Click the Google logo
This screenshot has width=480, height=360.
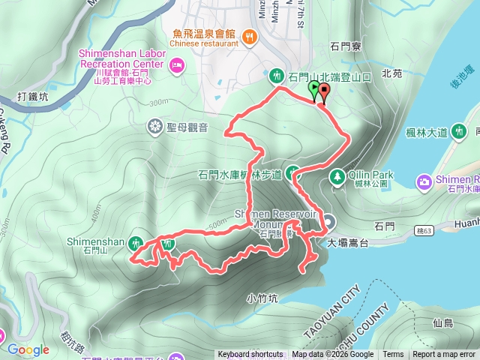(x=28, y=349)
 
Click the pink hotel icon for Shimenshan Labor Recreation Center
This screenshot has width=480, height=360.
(x=177, y=67)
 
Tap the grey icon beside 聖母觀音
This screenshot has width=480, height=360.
(x=155, y=124)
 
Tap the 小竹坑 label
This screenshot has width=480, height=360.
(x=262, y=298)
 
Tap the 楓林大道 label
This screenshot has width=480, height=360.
(x=421, y=133)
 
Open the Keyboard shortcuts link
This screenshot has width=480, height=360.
(x=250, y=355)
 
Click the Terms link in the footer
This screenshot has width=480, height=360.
(x=393, y=355)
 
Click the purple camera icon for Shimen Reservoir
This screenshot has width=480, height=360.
(x=424, y=181)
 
